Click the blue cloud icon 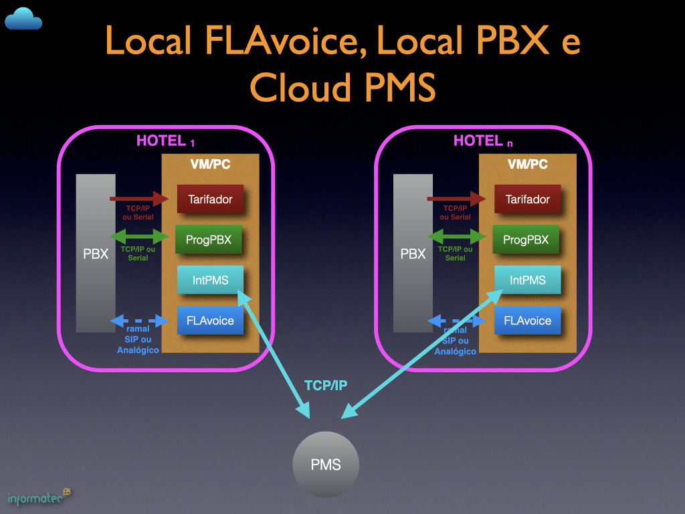click(23, 19)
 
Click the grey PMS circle click(326, 465)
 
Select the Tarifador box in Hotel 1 click(209, 199)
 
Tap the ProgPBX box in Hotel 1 click(209, 240)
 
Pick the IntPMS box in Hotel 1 click(210, 280)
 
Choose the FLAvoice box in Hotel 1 click(210, 321)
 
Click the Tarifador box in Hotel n click(527, 199)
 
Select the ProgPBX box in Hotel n click(526, 240)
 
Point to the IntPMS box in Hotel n click(527, 280)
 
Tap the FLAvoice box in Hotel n click(527, 321)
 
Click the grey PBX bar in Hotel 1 click(96, 254)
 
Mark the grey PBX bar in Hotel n click(413, 254)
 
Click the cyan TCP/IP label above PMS click(326, 385)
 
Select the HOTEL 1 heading click(165, 141)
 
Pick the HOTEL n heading click(482, 141)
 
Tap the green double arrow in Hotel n click(456, 237)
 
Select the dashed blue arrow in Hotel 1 click(139, 321)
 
